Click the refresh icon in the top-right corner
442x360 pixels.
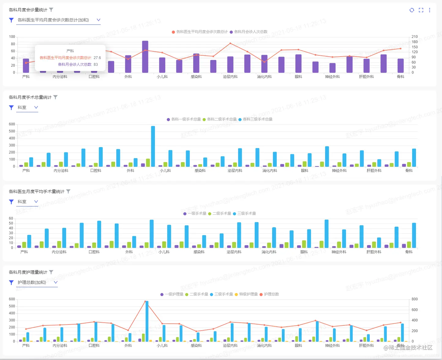tap(412, 10)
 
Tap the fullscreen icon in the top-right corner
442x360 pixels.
tap(421, 10)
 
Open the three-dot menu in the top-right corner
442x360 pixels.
tap(429, 10)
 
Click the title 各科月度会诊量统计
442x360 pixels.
tap(28, 10)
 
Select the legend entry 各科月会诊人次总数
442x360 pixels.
tap(250, 32)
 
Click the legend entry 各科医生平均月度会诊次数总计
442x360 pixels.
tap(202, 32)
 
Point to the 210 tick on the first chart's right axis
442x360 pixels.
tap(414, 37)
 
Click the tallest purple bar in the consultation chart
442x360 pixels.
tap(145, 57)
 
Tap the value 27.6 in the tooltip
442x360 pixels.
tap(97, 58)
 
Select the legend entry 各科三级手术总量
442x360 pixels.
tap(257, 119)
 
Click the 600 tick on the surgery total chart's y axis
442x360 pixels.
tap(12, 124)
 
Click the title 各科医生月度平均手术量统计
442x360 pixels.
tap(36, 191)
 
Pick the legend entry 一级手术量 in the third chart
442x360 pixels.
tap(197, 213)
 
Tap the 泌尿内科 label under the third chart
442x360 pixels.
tap(234, 252)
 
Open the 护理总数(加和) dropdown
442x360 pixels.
tap(37, 282)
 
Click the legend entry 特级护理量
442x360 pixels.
tap(248, 294)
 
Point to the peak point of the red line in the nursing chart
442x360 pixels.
tap(145, 301)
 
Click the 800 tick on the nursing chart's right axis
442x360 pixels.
tap(414, 299)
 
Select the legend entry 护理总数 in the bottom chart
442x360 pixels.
tap(271, 294)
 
